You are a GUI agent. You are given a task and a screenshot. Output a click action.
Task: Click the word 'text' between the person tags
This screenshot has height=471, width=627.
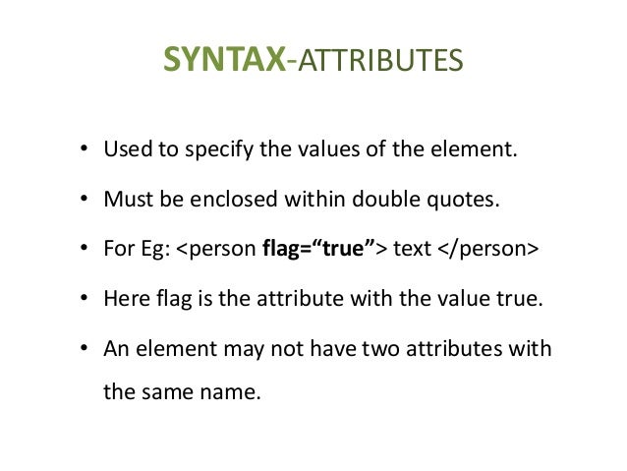click(x=413, y=250)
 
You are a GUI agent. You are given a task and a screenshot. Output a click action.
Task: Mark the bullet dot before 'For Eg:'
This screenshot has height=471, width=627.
click(x=85, y=251)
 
